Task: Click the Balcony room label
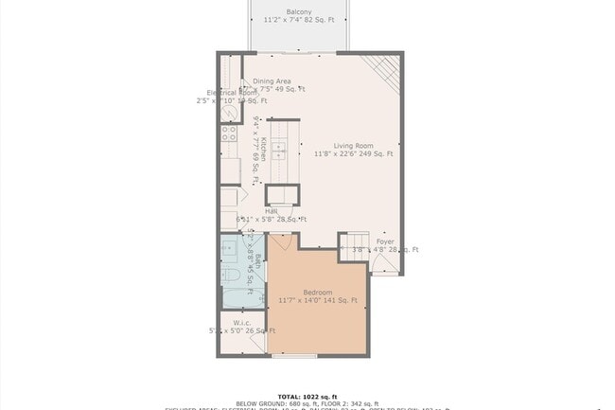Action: click(x=299, y=11)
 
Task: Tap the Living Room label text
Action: click(x=353, y=145)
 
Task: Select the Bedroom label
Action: click(x=318, y=292)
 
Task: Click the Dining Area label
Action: click(x=271, y=81)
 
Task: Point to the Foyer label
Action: click(x=385, y=241)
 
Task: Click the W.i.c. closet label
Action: click(x=241, y=322)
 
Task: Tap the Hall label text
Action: click(x=257, y=211)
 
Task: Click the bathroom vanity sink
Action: click(x=230, y=250)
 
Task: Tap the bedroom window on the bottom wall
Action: click(x=293, y=356)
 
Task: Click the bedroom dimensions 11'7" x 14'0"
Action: click(x=318, y=300)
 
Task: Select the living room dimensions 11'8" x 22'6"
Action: click(x=353, y=153)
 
